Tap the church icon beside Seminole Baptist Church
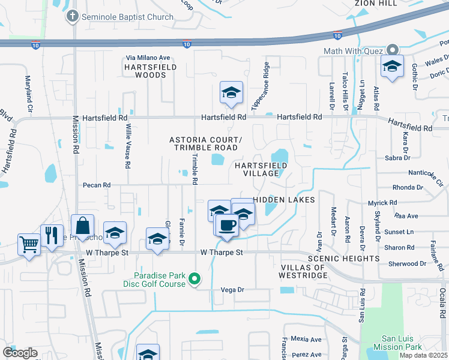[x=73, y=16]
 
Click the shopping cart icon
[x=29, y=244]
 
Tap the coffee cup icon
[x=226, y=225]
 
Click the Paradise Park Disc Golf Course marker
[x=194, y=278]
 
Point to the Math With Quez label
[x=353, y=51]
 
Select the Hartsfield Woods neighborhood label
[x=150, y=71]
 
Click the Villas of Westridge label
[x=303, y=271]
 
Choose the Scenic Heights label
[x=343, y=259]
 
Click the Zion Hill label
[x=376, y=3]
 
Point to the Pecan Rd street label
[x=97, y=185]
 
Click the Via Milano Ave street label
[x=148, y=58]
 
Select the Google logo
[x=20, y=353]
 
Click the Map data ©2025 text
[x=423, y=355]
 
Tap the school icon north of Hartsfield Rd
[x=231, y=92]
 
